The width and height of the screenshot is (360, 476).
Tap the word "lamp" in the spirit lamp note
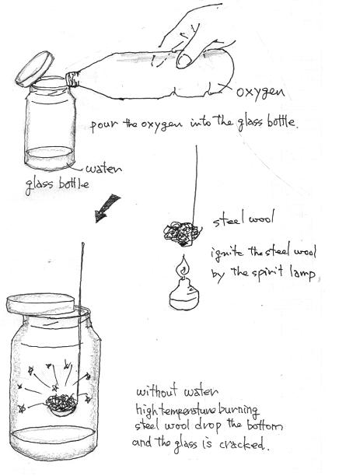(299, 275)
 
